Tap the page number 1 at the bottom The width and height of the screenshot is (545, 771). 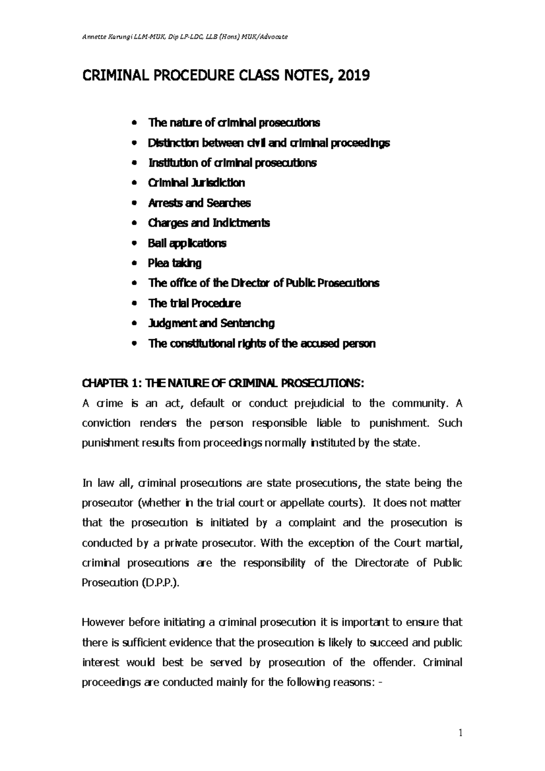(460, 732)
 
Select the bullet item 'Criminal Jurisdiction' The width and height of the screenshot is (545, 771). (196, 183)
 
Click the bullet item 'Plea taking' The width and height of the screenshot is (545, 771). (174, 263)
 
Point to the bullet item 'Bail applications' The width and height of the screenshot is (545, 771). (187, 243)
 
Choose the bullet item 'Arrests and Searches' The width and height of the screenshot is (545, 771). (199, 203)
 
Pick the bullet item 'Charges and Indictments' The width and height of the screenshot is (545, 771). (209, 223)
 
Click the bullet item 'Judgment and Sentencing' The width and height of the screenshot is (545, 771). (211, 323)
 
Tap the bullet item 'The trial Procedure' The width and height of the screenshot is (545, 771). (194, 303)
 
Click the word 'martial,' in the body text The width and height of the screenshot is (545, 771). (444, 543)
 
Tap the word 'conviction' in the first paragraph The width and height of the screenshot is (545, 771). (106, 423)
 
